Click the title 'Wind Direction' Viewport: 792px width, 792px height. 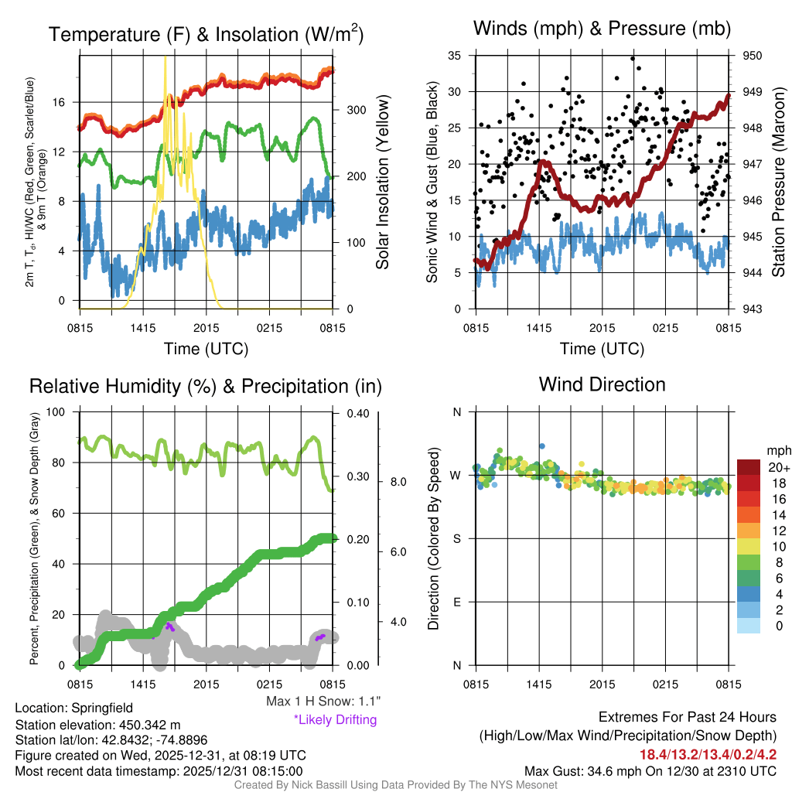pyautogui.click(x=602, y=384)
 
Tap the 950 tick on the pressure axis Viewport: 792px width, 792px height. pyautogui.click(x=753, y=56)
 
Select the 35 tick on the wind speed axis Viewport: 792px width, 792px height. pyautogui.click(x=455, y=56)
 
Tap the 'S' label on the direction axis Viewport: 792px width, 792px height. pyautogui.click(x=456, y=538)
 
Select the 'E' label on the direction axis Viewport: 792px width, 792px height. pyautogui.click(x=456, y=602)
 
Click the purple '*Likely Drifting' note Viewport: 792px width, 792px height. pyautogui.click(x=335, y=720)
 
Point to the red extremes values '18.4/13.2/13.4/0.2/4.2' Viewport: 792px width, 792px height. pyautogui.click(x=708, y=754)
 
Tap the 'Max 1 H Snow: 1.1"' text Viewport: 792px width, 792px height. pyautogui.click(x=323, y=702)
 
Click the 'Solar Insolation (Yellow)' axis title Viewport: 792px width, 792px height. pyautogui.click(x=382, y=183)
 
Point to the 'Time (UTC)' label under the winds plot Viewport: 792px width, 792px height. pyautogui.click(x=603, y=349)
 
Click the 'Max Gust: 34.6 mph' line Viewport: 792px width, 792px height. pyautogui.click(x=650, y=770)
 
